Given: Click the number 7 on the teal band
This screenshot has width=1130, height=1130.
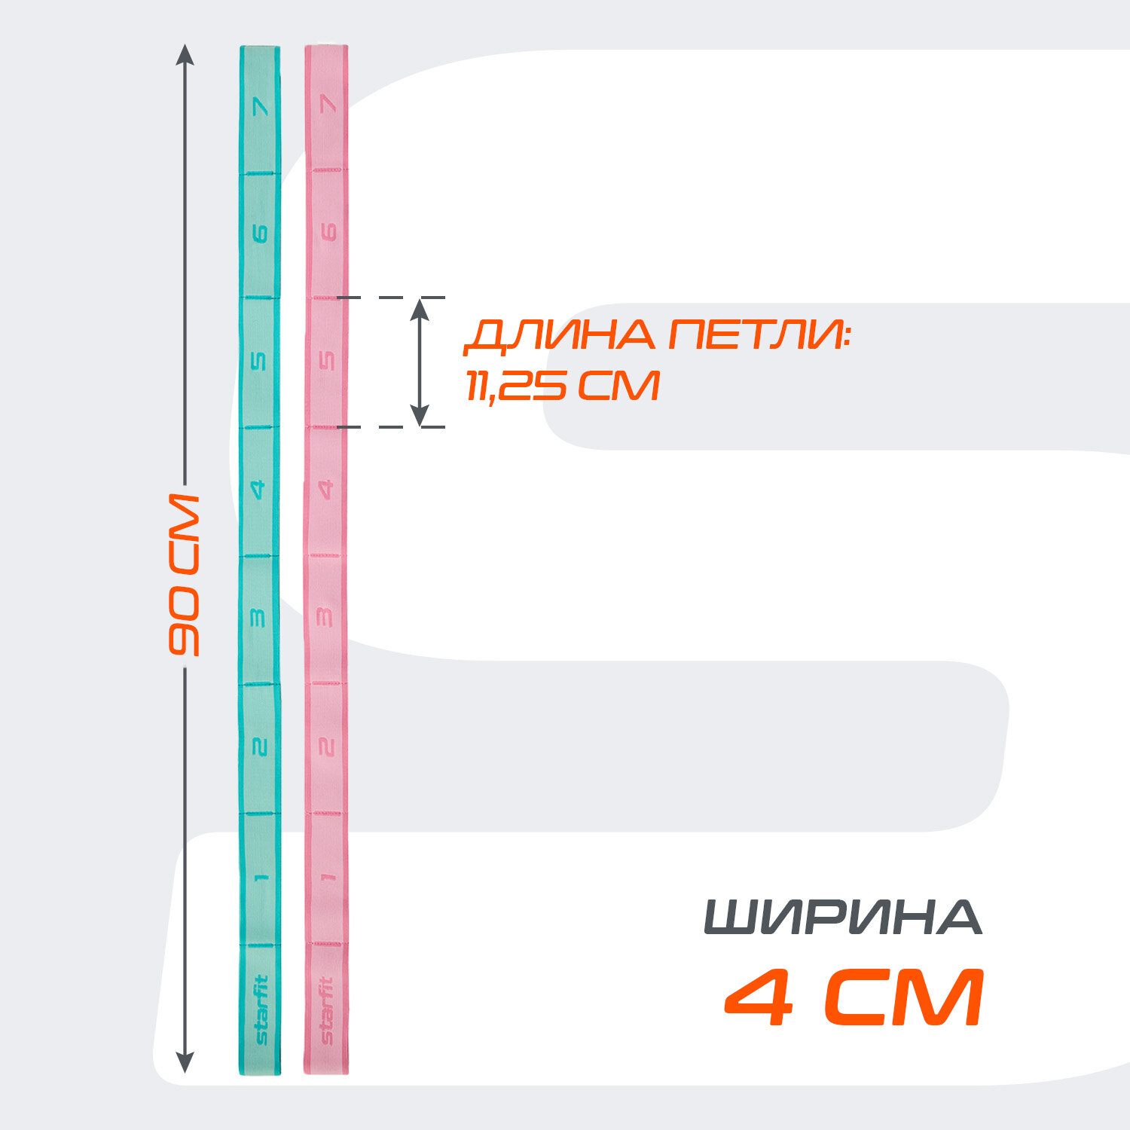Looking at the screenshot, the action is coord(261,106).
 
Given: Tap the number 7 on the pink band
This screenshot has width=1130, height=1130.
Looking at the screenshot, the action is coord(327,104).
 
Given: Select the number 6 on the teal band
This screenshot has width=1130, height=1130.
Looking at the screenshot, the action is coord(260,234).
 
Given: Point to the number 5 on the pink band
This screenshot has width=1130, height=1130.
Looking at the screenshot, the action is coord(327,361).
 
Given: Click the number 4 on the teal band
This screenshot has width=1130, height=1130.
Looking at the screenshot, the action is coord(259,490).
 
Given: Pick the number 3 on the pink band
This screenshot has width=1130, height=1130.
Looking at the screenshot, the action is coord(326,618).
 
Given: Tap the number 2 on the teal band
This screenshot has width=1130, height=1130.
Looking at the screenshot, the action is coord(259,747).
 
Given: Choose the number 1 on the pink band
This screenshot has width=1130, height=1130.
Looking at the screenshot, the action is coord(326,876).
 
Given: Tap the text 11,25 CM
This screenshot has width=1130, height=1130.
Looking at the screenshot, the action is coord(562,385).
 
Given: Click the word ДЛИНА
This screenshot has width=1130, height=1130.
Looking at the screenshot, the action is coord(560,334).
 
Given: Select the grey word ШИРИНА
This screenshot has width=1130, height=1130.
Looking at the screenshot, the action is coord(843,917).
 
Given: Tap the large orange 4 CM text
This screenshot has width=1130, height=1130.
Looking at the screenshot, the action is coord(854,999).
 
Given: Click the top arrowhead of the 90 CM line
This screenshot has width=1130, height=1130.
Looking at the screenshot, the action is coord(185,55).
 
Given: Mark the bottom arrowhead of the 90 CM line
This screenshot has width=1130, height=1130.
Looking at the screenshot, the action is coord(185,1062).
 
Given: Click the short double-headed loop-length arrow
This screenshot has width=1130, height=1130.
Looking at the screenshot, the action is coord(420,362).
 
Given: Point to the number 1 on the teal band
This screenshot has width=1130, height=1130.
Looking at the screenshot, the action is coord(261,876).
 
